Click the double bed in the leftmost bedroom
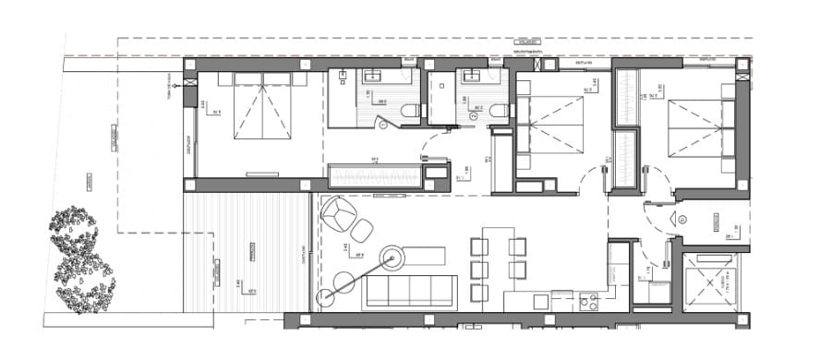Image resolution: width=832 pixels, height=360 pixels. point(263,108)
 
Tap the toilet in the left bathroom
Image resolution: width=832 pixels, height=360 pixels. point(409,112)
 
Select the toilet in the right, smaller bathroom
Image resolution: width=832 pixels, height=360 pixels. point(500,112)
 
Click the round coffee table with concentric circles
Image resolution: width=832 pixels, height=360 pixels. point(393,259)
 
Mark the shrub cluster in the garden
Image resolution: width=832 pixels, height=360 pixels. point(81,259)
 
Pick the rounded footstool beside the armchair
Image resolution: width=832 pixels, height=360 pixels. point(363,227)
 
